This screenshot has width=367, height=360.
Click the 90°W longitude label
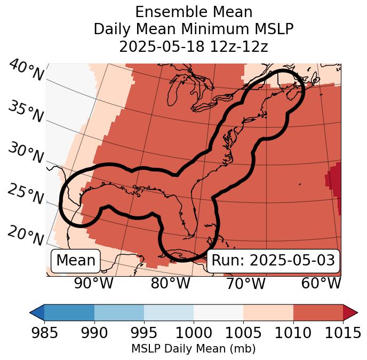click(93, 283)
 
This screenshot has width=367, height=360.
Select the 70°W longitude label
click(245, 283)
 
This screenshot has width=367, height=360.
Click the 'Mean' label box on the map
click(76, 261)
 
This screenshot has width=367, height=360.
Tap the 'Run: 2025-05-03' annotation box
click(273, 261)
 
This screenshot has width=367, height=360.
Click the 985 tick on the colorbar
click(44, 333)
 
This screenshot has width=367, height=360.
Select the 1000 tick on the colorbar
click(194, 333)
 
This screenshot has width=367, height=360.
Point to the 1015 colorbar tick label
click(342, 333)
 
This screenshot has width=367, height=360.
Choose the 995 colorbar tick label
click(144, 333)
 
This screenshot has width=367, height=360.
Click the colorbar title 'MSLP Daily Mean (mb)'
click(194, 349)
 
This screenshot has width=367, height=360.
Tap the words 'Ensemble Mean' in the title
click(194, 12)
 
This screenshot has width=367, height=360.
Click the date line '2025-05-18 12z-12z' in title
click(194, 46)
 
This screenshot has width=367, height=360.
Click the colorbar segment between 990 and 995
click(119, 312)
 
